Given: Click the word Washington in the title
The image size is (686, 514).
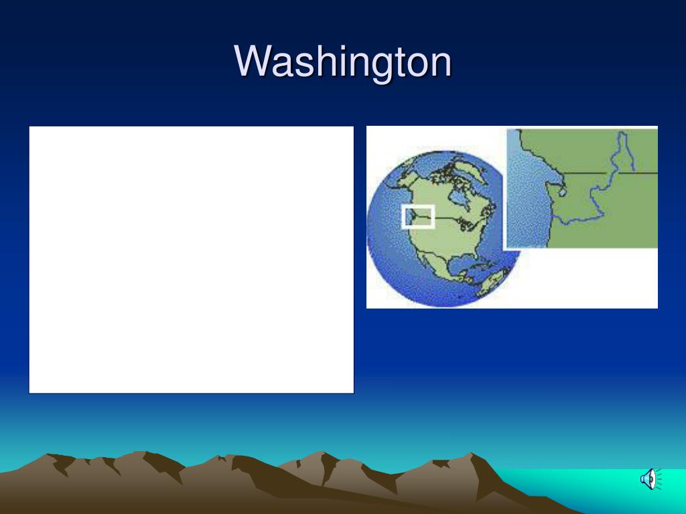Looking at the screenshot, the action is point(342,62).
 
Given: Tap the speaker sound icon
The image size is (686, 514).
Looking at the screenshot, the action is point(651,479).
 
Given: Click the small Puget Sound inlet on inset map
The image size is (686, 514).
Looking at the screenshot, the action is point(563,191).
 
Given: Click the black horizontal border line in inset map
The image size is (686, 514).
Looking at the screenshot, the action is point(610,173).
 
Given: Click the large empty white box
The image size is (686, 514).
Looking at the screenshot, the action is point(191,260).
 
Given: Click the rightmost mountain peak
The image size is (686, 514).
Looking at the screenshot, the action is point(470,454).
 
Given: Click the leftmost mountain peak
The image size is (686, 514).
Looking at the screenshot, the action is point(47,454).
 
